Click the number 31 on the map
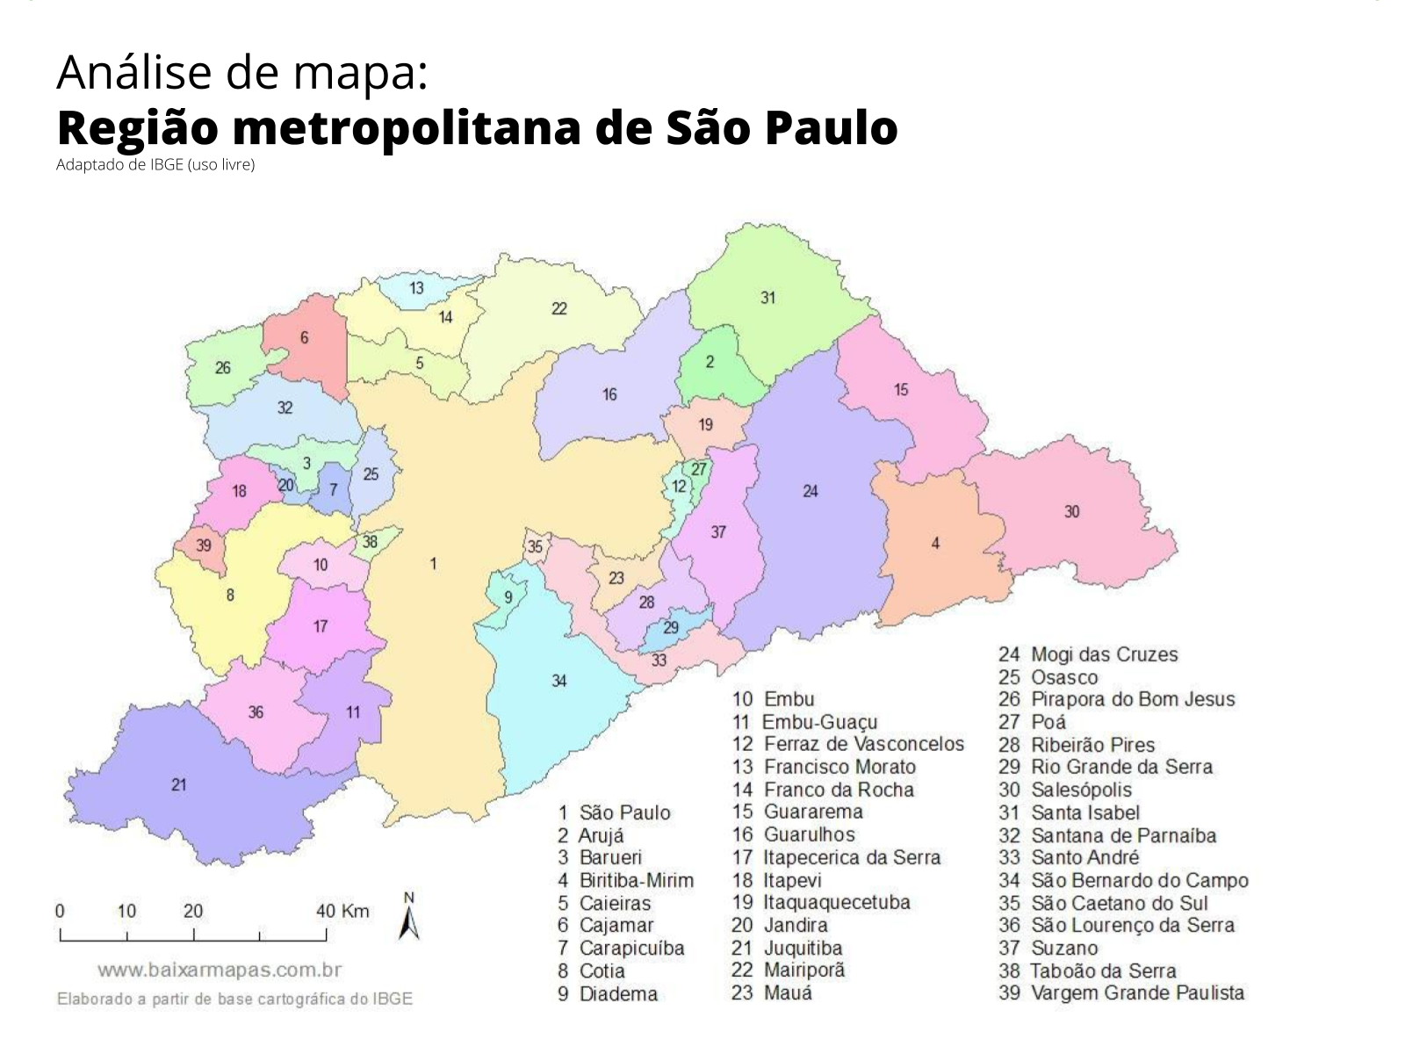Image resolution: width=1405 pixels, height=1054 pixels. (768, 298)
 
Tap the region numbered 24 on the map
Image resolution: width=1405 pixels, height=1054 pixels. (810, 491)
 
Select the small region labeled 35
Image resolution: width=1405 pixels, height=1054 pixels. (535, 547)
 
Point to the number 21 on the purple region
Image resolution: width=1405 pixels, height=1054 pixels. (179, 784)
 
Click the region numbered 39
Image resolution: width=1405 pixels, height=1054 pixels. (203, 545)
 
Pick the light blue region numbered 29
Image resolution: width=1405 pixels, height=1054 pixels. (671, 628)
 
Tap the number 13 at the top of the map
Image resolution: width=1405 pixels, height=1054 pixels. (416, 288)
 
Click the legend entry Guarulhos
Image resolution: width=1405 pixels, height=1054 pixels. (808, 834)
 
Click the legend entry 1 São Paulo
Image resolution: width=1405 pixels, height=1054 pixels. (614, 812)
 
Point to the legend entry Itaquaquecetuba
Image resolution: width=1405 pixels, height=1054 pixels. (836, 902)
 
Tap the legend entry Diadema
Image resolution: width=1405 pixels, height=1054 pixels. (618, 994)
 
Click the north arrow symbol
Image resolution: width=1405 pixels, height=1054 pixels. (408, 920)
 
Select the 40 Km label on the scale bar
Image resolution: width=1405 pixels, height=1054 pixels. (342, 911)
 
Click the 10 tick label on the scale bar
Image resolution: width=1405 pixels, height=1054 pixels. (126, 911)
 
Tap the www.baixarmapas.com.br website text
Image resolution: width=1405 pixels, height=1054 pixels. (219, 971)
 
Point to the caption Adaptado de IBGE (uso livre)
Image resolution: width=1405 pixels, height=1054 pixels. (155, 165)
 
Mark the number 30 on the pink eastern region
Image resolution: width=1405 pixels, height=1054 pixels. (1071, 511)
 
